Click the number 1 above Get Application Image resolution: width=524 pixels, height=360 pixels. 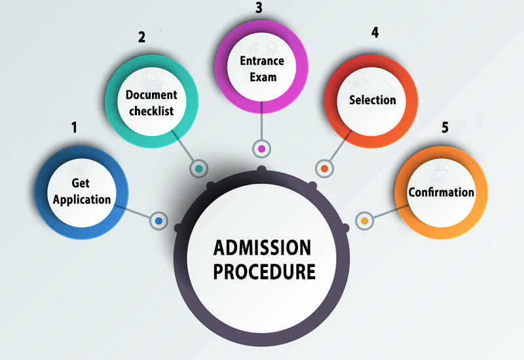pyautogui.click(x=75, y=127)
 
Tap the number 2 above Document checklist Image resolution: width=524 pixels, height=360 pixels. pyautogui.click(x=141, y=37)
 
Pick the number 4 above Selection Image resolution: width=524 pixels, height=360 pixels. pyautogui.click(x=375, y=33)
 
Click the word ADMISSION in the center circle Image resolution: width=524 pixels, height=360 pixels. pyautogui.click(x=262, y=247)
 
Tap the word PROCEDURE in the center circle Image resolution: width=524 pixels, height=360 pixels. pyautogui.click(x=262, y=270)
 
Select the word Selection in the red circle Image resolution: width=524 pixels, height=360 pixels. pyautogui.click(x=373, y=100)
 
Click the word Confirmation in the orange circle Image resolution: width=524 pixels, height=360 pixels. pyautogui.click(x=441, y=192)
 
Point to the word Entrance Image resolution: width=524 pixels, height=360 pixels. pyautogui.click(x=261, y=62)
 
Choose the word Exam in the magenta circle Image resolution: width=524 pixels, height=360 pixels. pyautogui.click(x=261, y=77)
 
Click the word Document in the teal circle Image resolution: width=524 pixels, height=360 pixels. pyautogui.click(x=151, y=96)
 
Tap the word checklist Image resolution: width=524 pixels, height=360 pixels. pyautogui.click(x=151, y=111)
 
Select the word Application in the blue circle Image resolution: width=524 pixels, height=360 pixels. pyautogui.click(x=82, y=200)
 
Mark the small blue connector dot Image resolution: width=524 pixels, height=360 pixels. pyautogui.click(x=158, y=221)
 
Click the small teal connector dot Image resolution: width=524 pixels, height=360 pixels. pyautogui.click(x=198, y=168)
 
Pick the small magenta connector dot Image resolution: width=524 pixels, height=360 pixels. pyautogui.click(x=261, y=149)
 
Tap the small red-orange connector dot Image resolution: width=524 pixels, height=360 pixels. pyautogui.click(x=324, y=168)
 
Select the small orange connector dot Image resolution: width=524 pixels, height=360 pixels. pyautogui.click(x=364, y=221)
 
